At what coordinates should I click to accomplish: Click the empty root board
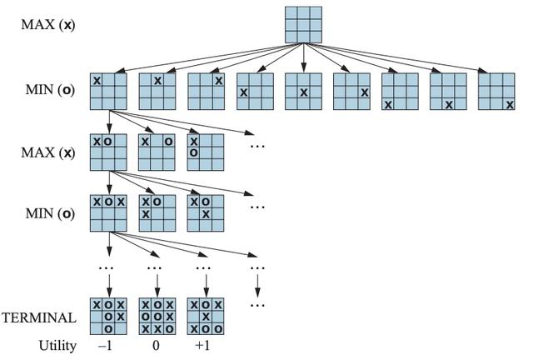[303, 25]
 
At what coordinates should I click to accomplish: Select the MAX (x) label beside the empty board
[48, 24]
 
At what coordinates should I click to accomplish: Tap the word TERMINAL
[39, 317]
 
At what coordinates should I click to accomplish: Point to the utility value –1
[105, 345]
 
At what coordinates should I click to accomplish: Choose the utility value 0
[155, 345]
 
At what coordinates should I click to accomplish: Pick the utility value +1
[202, 345]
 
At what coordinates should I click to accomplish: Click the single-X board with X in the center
[303, 92]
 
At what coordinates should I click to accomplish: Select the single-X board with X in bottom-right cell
[497, 92]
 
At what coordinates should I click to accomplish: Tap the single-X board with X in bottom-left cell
[400, 92]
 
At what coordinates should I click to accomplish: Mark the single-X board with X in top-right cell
[206, 92]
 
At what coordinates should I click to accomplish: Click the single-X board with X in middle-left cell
[255, 92]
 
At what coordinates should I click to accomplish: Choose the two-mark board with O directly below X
[206, 152]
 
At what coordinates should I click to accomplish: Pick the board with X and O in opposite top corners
[157, 152]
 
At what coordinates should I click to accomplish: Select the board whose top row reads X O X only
[109, 213]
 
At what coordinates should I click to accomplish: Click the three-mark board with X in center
[206, 213]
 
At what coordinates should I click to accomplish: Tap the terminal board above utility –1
[109, 317]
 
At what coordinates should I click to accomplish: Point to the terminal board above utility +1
[206, 317]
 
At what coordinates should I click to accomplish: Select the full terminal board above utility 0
[157, 317]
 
